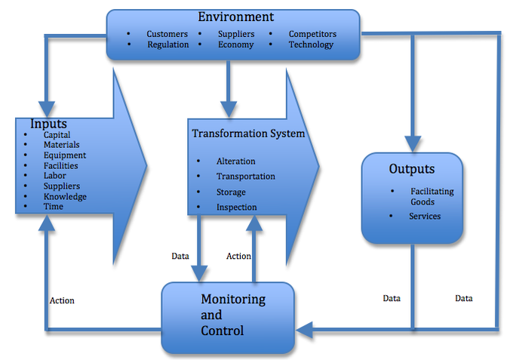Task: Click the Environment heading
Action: pyautogui.click(x=235, y=17)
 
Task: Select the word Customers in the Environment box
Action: pyautogui.click(x=167, y=34)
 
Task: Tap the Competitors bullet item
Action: pyautogui.click(x=312, y=34)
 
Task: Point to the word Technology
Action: pyautogui.click(x=311, y=45)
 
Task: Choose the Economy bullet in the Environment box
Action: pyautogui.click(x=235, y=45)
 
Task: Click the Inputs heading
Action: pyautogui.click(x=48, y=124)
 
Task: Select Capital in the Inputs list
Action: pyautogui.click(x=57, y=135)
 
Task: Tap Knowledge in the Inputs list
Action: pyautogui.click(x=65, y=196)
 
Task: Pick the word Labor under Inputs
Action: pyautogui.click(x=55, y=176)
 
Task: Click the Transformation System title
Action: pyautogui.click(x=248, y=134)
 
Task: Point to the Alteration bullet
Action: pyautogui.click(x=235, y=161)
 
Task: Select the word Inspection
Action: pyautogui.click(x=237, y=207)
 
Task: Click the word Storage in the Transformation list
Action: pyautogui.click(x=232, y=192)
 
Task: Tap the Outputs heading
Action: pyautogui.click(x=411, y=168)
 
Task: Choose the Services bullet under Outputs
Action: pyautogui.click(x=425, y=216)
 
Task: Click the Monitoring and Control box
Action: pyautogui.click(x=227, y=316)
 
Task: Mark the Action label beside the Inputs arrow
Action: pyautogui.click(x=62, y=300)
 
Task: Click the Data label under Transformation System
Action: pyautogui.click(x=180, y=256)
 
